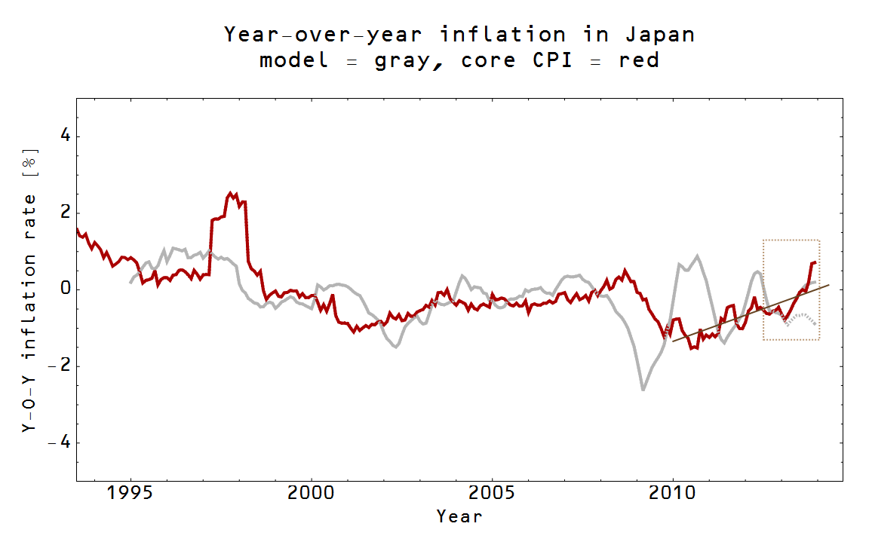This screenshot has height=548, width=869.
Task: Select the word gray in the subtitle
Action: point(404,60)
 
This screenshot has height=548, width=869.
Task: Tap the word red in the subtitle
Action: point(639,60)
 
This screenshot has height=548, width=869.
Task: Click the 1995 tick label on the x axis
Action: point(131,496)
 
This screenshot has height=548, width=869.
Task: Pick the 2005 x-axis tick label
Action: point(492,496)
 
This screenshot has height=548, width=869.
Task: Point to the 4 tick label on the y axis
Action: point(64,136)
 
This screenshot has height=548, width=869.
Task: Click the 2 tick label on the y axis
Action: point(64,213)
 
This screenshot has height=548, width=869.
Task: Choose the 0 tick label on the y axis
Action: point(64,289)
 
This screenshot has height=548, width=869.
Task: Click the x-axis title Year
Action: point(459,517)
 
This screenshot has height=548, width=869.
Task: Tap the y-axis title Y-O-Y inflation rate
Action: point(29,290)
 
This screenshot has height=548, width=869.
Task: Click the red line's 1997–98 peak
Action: point(231,194)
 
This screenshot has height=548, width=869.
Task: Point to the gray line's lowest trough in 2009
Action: point(643,390)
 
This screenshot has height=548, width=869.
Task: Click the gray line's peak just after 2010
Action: point(697,256)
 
